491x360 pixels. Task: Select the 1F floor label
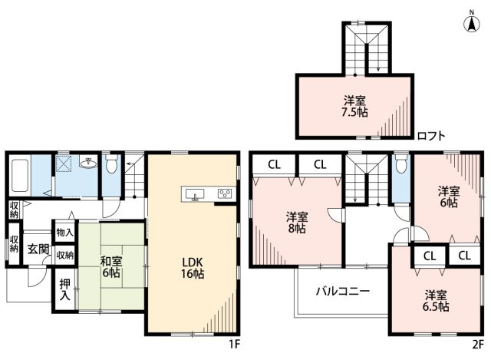[236, 343]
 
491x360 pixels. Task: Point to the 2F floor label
[478, 343]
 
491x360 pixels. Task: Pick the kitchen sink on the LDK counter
[195, 193]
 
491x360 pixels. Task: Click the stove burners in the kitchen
[225, 193]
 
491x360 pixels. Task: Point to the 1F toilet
[111, 165]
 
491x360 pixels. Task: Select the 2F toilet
[400, 166]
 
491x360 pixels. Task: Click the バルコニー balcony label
[343, 292]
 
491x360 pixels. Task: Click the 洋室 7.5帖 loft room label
[354, 106]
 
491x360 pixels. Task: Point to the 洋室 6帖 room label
[447, 197]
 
